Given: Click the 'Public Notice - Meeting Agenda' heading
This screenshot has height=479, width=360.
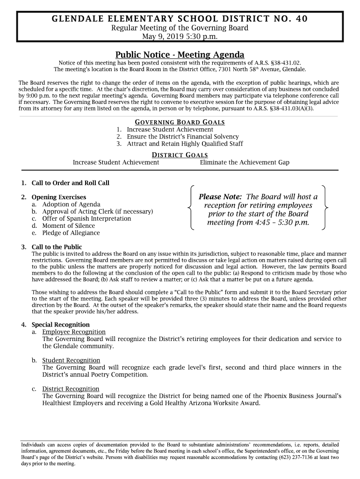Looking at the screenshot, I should coord(180,55).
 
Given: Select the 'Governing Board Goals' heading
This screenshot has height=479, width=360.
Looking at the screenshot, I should coord(180,122).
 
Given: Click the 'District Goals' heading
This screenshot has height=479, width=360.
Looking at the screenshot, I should coord(180,155).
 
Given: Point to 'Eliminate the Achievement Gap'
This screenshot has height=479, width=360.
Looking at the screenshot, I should coord(245,162).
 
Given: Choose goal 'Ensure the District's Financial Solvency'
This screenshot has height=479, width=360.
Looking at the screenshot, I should coord(183,137).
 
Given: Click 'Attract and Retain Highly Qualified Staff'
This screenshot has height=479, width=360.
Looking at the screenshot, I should coord(185,144).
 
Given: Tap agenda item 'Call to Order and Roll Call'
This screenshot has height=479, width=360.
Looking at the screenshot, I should coord(70,183).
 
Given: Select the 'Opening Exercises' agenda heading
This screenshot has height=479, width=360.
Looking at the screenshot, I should coord(59,197).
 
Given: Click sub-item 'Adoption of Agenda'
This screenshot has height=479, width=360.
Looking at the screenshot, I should coord(71,204).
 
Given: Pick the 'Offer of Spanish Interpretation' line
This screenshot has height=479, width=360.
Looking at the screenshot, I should coord(86,218).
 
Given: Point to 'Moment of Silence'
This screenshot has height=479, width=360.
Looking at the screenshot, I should coord(68,226).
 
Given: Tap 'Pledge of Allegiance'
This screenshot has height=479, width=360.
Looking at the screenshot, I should coord(71,233).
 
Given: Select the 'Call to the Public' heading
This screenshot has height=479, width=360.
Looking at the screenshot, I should coord(57,247).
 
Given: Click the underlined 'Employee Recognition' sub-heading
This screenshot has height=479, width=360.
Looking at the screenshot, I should coord(73,332).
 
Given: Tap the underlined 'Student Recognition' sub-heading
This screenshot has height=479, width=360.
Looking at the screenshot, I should coord(71,360).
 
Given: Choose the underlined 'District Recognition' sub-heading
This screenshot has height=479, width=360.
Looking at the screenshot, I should coord(71,389).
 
